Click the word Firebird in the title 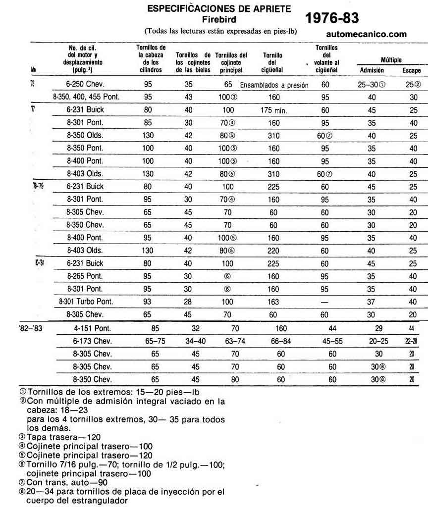point(219,19)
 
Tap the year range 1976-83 point(332,18)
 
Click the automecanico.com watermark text point(367,34)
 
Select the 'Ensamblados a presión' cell point(274,85)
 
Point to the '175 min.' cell point(274,111)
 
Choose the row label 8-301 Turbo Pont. point(86,301)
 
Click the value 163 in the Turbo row point(274,301)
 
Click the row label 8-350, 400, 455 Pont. point(86,98)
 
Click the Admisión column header point(372,70)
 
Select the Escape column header point(411,71)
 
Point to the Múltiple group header point(391,60)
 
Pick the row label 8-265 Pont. point(85,276)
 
